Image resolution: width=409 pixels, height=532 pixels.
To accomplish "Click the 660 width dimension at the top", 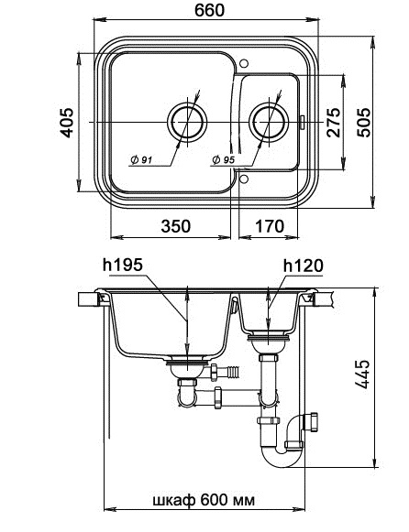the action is click(209, 10).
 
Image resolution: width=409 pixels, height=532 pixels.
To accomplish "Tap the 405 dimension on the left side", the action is click(67, 123).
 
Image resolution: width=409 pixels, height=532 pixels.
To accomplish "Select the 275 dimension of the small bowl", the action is click(333, 123).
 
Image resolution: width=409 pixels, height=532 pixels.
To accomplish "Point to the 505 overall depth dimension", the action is click(363, 123).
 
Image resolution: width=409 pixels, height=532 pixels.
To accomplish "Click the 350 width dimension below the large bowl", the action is click(176, 226).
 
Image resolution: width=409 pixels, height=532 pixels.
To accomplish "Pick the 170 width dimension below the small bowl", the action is click(270, 226).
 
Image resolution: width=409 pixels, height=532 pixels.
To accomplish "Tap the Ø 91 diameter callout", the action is click(141, 159).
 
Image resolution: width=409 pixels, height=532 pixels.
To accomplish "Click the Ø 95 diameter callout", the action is click(224, 159).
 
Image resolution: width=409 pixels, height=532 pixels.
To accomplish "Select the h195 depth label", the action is click(123, 265).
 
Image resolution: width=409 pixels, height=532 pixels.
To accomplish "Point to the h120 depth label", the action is click(304, 266).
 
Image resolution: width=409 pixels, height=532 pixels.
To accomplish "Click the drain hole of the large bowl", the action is click(187, 122).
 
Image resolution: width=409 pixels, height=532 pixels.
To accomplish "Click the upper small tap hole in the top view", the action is click(244, 63).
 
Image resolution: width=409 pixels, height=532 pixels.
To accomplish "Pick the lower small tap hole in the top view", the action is click(244, 179).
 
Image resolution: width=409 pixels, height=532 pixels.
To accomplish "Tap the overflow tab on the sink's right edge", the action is click(302, 122).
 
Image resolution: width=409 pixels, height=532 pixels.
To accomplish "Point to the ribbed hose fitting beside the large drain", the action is click(234, 372).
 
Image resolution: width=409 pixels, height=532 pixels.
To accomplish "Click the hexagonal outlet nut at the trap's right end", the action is click(312, 422).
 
